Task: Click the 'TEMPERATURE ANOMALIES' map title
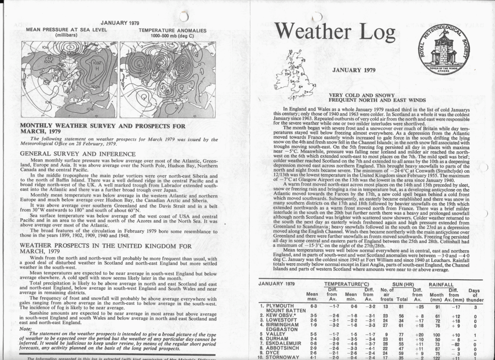click(172, 30)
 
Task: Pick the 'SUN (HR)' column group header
click(392, 284)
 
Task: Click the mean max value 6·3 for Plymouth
click(313, 306)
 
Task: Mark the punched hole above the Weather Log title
click(317, 16)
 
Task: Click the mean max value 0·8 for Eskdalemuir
click(313, 344)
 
